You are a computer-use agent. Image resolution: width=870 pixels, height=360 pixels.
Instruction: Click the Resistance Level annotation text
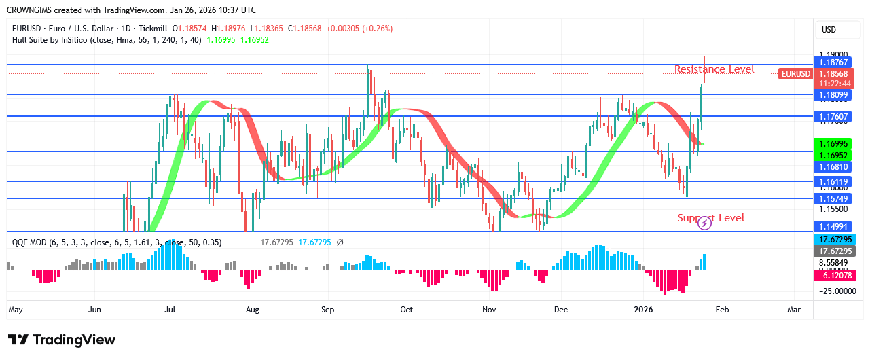714,69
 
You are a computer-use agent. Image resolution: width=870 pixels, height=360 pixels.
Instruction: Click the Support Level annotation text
710,218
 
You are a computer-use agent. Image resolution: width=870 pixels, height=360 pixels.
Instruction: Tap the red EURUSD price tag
795,74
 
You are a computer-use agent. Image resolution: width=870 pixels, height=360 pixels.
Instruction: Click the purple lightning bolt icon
705,223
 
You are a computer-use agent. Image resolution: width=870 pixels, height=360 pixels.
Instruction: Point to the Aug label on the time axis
253,310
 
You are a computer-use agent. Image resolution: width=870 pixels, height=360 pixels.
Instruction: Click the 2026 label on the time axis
643,310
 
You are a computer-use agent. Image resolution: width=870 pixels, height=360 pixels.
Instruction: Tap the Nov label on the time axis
489,310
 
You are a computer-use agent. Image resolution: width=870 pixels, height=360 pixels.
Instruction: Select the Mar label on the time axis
794,310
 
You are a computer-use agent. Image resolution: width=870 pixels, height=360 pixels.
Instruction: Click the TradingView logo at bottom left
62,340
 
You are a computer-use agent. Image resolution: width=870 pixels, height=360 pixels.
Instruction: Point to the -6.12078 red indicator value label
835,276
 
